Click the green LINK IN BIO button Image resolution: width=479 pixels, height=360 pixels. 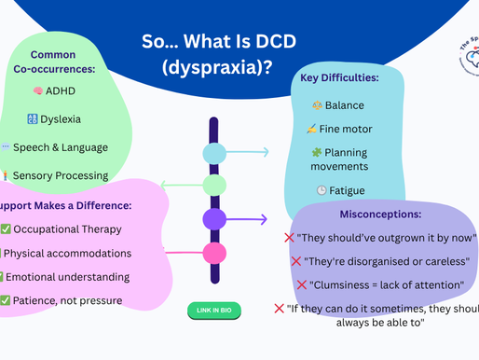pyautogui.click(x=214, y=310)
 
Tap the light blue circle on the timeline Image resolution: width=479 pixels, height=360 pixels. pyautogui.click(x=214, y=153)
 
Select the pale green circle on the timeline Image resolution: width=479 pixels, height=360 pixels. pyautogui.click(x=214, y=185)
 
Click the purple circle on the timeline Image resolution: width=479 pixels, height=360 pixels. pyautogui.click(x=214, y=220)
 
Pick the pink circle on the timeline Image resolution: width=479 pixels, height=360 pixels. pyautogui.click(x=214, y=253)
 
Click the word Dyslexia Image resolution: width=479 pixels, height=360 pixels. pyautogui.click(x=60, y=119)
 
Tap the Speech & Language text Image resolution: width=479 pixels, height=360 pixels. pyautogui.click(x=61, y=147)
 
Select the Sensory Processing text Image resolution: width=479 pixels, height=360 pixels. pyautogui.click(x=61, y=175)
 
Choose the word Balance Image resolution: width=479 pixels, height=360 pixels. pyautogui.click(x=345, y=105)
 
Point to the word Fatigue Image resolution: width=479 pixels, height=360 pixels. pyautogui.click(x=346, y=190)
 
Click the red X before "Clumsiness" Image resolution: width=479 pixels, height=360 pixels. pyautogui.click(x=302, y=284)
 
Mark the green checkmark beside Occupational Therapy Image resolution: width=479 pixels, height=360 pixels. pyautogui.click(x=6, y=229)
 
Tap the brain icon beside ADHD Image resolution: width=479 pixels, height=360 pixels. pyautogui.click(x=38, y=91)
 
